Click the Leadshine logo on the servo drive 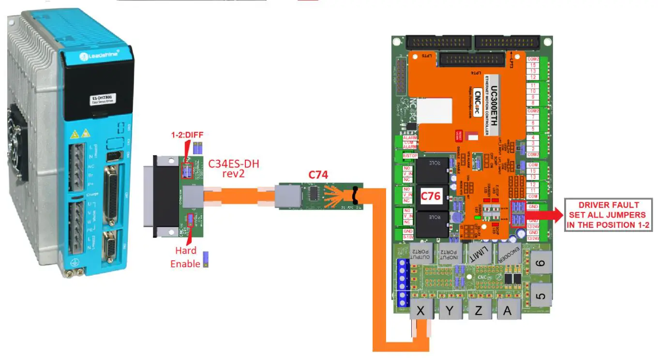coord(96,57)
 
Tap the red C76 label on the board coord(431,196)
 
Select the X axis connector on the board coord(420,311)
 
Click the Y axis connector coord(449,311)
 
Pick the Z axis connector coord(479,311)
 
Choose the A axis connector coord(507,311)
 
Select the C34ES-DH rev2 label coord(234,168)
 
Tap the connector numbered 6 coord(541,264)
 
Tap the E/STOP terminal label coord(410,155)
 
